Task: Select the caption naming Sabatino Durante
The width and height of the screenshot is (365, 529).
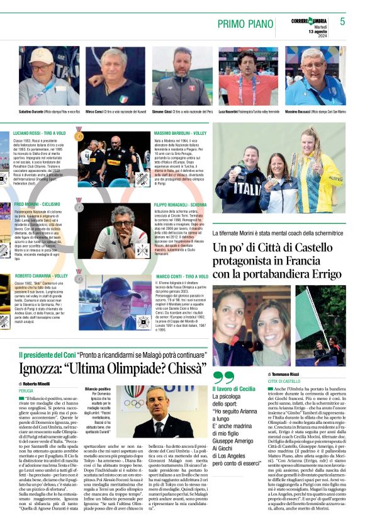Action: pos(35,111)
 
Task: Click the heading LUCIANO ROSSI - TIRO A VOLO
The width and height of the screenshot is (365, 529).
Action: pos(39,134)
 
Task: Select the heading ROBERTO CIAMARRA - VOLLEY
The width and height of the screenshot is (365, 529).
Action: pos(41,276)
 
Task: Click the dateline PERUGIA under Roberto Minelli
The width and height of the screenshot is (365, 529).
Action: pos(26,390)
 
